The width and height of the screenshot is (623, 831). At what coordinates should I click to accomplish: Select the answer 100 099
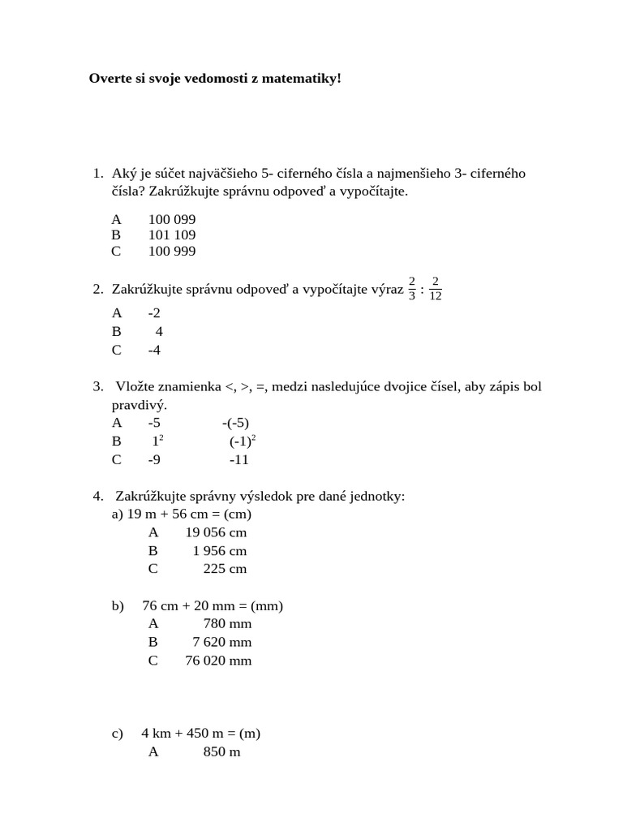172,220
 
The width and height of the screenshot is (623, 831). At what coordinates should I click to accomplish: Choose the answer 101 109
172,235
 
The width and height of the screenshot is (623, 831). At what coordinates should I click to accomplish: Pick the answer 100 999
172,252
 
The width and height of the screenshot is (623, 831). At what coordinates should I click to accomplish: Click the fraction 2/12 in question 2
436,289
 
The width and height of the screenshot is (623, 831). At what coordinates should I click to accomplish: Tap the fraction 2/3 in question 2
412,289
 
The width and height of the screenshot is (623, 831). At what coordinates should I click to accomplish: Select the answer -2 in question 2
154,313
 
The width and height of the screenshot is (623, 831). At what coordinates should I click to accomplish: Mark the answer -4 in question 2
154,351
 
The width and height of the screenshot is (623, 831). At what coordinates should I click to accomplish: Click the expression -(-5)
235,423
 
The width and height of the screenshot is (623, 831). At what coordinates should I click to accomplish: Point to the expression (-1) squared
242,441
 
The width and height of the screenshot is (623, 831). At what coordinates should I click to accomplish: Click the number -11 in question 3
238,460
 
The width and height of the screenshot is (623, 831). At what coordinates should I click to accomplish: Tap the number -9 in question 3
154,460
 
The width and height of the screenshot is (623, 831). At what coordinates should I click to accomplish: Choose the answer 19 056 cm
216,533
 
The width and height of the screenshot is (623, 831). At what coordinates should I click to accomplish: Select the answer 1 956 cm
219,551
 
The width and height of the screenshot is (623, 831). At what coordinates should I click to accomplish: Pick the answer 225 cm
225,569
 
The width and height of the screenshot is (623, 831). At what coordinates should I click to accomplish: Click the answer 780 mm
227,624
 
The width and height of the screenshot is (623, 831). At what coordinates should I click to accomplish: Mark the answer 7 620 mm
221,643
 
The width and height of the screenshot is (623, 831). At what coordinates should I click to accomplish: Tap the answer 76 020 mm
218,661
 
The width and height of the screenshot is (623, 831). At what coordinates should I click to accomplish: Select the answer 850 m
221,752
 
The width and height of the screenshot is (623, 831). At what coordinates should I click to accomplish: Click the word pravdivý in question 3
139,405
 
